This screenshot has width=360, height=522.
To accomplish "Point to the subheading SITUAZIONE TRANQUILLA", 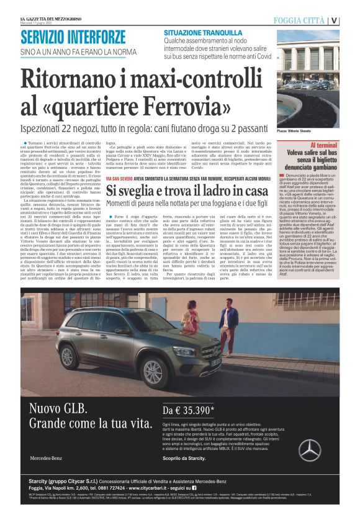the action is coord(203,32).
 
